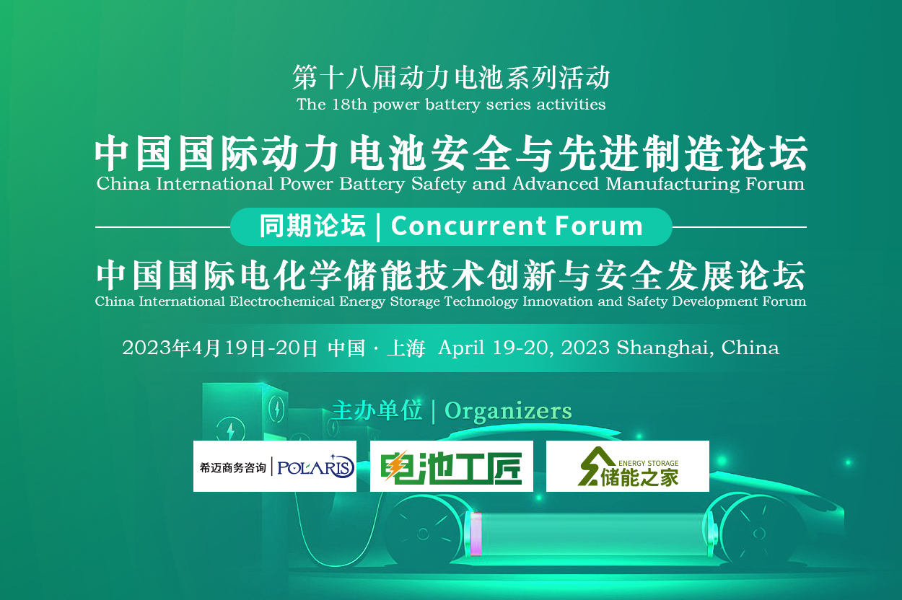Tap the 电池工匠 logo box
point(452,466)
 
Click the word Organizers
point(508,411)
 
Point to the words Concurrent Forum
point(517,226)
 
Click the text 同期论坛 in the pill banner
point(312,226)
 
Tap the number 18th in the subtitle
point(349,105)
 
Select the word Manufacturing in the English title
point(673,185)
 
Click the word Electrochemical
point(282,301)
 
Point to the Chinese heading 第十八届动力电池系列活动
point(451,77)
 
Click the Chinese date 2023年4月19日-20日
point(220,348)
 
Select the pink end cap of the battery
point(476,534)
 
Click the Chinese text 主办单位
point(377,411)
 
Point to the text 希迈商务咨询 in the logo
point(233,467)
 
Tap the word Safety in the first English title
point(439,185)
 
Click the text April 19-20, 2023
point(524,348)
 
